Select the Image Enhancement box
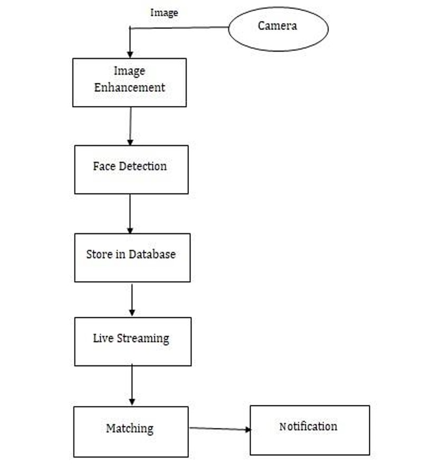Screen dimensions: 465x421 coord(129,82)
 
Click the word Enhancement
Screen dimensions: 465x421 coord(130,88)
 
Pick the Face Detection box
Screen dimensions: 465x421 coord(131,169)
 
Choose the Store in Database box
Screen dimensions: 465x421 coord(132,257)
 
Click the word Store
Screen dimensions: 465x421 coord(99,254)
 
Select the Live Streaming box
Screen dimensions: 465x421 coord(132,341)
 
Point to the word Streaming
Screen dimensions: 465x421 coord(144,338)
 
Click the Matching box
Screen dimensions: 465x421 coord(130,431)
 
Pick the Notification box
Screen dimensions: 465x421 coord(309,430)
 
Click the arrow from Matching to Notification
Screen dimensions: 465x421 coord(219,429)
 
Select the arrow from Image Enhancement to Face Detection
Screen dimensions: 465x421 coord(130,126)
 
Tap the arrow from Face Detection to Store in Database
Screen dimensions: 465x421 coord(130,213)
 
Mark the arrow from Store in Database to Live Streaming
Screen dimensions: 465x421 coord(132,299)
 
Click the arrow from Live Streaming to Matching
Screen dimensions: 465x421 coord(132,385)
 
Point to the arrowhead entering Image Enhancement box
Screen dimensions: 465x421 coord(130,54)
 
